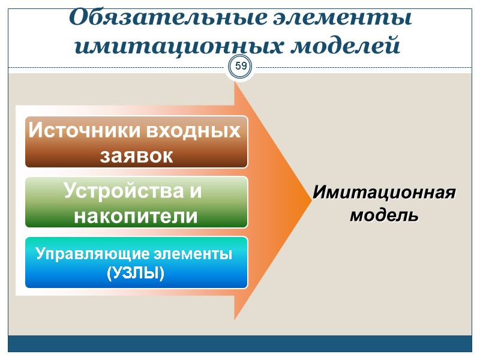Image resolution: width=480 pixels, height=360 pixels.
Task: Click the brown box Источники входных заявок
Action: point(136,142)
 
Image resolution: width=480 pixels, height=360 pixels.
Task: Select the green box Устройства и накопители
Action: point(136,202)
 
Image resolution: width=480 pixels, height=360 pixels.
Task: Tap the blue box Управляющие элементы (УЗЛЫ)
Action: point(136,262)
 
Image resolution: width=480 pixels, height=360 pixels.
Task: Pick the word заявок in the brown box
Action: point(136,155)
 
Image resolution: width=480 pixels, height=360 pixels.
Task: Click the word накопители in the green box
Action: point(136,215)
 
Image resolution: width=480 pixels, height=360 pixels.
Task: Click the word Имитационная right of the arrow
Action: point(384,194)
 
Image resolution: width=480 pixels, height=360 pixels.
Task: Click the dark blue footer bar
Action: point(240,343)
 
